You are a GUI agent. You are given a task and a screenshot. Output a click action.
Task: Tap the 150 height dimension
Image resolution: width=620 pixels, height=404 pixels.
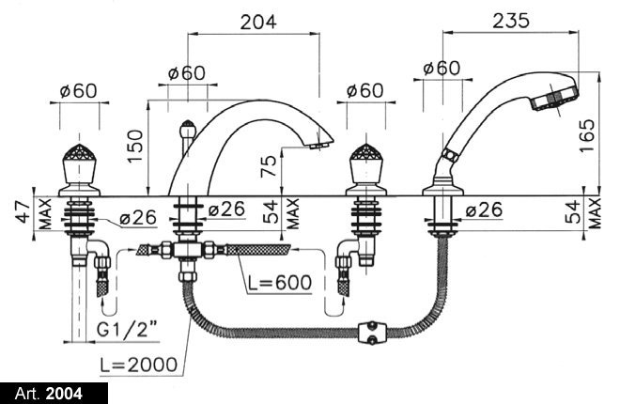click(x=138, y=147)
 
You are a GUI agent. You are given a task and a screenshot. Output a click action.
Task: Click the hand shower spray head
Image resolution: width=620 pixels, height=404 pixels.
click(x=556, y=95)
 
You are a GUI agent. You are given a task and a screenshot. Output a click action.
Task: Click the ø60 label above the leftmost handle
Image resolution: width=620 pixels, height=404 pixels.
click(x=79, y=90)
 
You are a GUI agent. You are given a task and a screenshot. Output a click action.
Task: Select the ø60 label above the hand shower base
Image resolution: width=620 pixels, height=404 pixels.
click(x=442, y=68)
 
